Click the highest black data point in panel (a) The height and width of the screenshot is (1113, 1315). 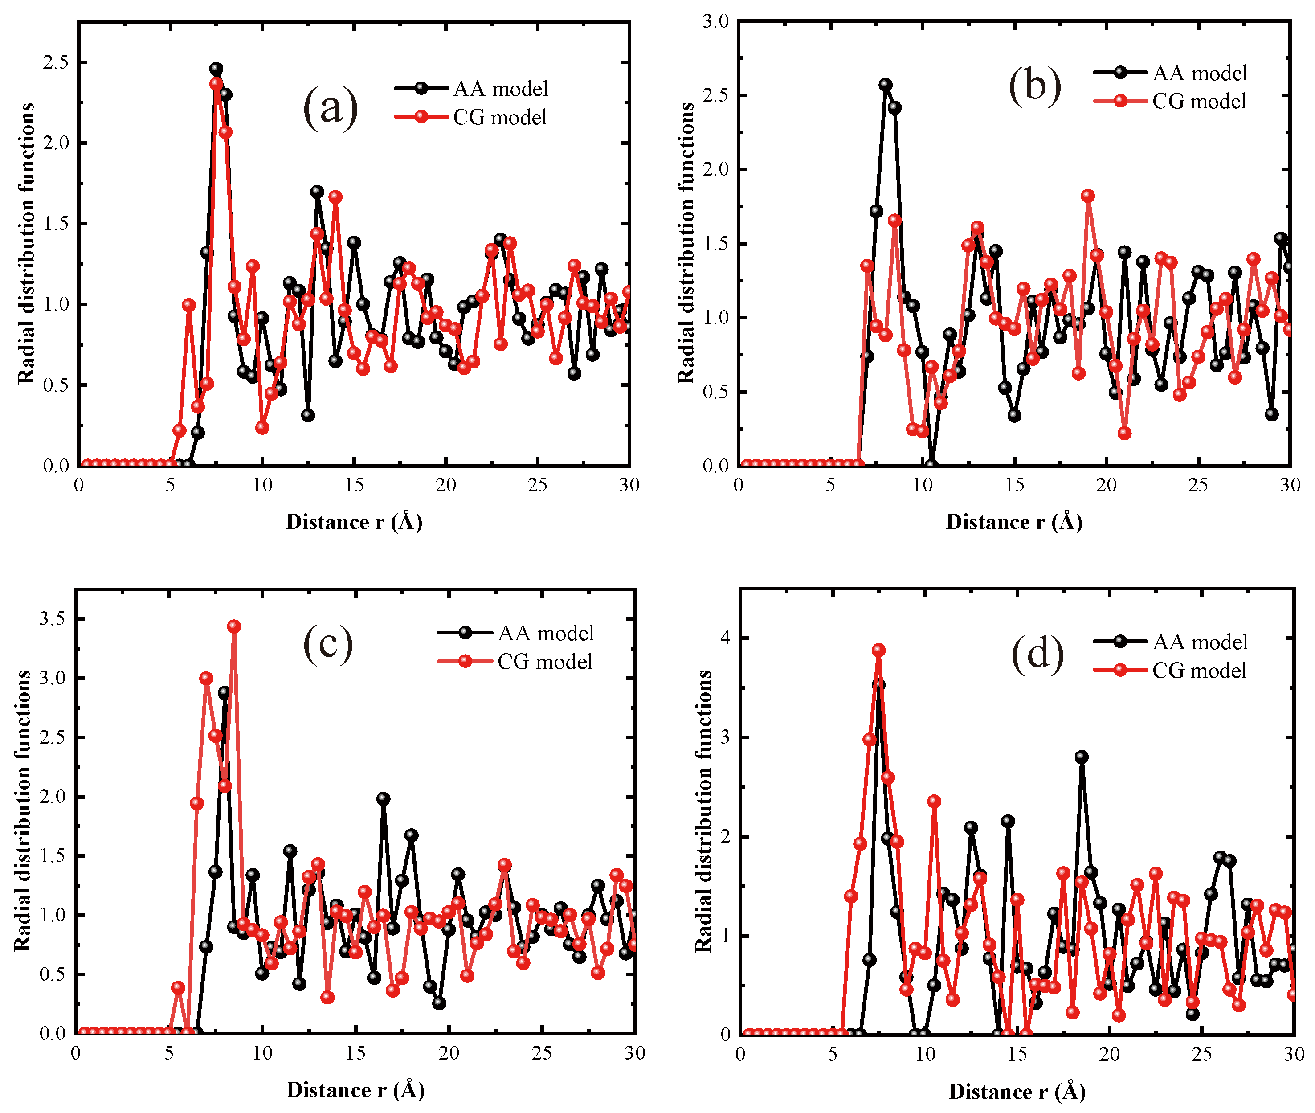point(216,69)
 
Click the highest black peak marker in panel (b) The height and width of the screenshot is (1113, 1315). point(886,85)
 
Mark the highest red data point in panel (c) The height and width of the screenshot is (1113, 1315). point(234,626)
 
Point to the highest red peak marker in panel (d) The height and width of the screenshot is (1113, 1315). point(878,650)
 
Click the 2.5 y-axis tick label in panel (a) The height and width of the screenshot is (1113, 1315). point(56,62)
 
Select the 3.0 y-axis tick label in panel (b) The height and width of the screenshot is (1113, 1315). point(715,21)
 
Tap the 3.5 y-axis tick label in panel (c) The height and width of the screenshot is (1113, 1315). point(53,618)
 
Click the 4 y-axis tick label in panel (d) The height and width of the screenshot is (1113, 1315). point(725,638)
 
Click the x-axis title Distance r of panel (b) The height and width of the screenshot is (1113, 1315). point(1013,522)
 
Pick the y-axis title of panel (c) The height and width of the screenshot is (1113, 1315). point(23,811)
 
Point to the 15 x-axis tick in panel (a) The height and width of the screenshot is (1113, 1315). point(354,485)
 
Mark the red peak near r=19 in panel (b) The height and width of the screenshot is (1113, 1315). point(1087,196)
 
